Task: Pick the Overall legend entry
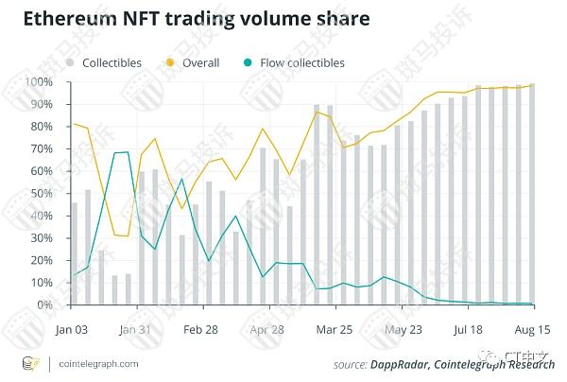pos(193,62)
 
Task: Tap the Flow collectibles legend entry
pos(287,62)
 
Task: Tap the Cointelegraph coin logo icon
pos(30,363)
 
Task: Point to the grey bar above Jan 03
pos(75,253)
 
